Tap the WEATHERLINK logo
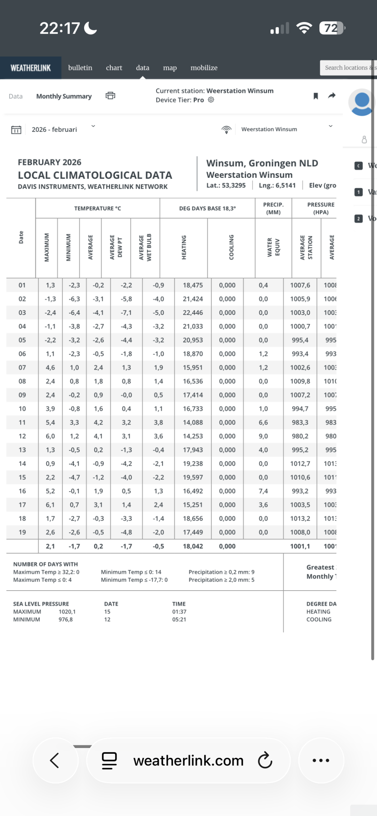(31, 68)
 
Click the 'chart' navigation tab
(114, 68)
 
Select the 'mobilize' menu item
(204, 68)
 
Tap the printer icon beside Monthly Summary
(110, 96)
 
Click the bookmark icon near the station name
(316, 96)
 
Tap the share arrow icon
(332, 96)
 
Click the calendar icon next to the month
(16, 130)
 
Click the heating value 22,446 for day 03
(193, 313)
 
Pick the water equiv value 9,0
(263, 436)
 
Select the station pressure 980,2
(300, 436)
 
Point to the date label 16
(22, 491)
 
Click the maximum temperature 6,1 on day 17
(50, 505)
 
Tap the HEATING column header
(184, 248)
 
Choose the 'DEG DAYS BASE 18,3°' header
(207, 208)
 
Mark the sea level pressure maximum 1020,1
(67, 612)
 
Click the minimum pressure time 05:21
(179, 619)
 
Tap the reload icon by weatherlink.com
(265, 761)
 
